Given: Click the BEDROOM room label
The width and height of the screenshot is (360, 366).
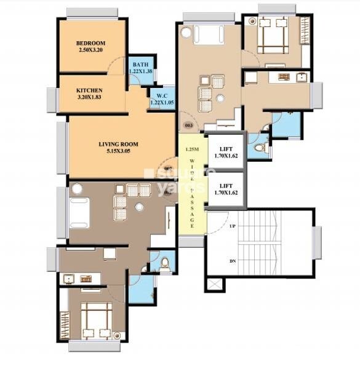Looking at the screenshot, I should pos(92,43).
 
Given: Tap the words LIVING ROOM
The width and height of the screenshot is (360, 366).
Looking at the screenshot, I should pos(118,144).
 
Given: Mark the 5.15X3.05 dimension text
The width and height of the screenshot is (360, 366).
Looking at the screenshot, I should pos(118,151).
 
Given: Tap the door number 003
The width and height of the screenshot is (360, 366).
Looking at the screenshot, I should pos(188,125).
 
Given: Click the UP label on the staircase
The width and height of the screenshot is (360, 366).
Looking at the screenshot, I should pos(233,226).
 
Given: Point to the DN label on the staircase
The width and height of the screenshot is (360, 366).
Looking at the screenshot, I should pos(233,261).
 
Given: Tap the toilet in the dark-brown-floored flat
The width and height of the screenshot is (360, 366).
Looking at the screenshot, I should pos(164,263).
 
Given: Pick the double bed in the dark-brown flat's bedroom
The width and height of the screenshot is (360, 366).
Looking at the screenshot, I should pos(92,320).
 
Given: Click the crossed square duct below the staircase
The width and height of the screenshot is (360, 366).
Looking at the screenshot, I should pos(214,285).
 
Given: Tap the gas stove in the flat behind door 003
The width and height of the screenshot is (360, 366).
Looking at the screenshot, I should pos(284,78).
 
